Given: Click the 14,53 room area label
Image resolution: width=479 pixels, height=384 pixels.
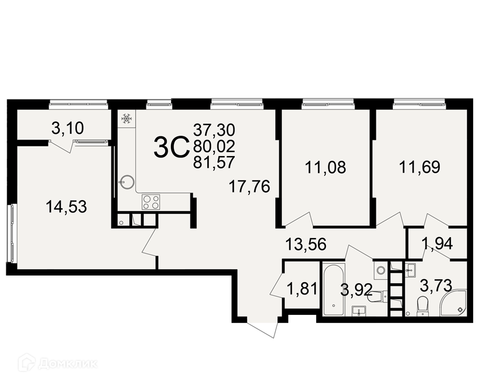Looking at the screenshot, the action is (66, 207).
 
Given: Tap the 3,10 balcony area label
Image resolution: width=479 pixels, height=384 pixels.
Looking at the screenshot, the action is (68, 128).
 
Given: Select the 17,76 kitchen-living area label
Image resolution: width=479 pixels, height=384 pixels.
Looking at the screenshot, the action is (250, 187).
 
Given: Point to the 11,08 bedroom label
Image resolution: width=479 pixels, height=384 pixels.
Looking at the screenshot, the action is (326, 167).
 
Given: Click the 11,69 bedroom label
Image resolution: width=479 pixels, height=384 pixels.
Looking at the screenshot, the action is (420, 167).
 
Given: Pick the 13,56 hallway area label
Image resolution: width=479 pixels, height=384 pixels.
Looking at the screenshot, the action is (306, 244).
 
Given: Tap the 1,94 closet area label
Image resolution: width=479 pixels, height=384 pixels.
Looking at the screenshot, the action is (437, 244).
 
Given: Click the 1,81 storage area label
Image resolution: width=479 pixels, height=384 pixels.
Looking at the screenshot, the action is (302, 288).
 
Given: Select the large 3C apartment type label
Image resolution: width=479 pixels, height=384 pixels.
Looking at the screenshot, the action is (171, 147).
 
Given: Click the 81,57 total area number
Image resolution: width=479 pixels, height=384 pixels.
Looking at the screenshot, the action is (214, 162).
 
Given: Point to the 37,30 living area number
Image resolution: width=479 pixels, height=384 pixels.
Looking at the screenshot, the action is (214, 130).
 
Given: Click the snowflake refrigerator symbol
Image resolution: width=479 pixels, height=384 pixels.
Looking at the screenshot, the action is (126, 118).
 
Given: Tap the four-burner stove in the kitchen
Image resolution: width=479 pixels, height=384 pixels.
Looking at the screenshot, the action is (150, 202).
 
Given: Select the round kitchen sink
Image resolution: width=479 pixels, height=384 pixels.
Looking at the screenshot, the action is (126, 182).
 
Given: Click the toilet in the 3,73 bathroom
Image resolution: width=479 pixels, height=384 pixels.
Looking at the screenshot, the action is (422, 305).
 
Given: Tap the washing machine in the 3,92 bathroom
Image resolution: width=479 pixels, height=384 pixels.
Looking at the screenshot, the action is (380, 270).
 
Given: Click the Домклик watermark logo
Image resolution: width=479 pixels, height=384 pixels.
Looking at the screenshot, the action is (58, 363).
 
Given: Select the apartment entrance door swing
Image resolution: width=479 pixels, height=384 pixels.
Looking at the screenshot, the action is (262, 329).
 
